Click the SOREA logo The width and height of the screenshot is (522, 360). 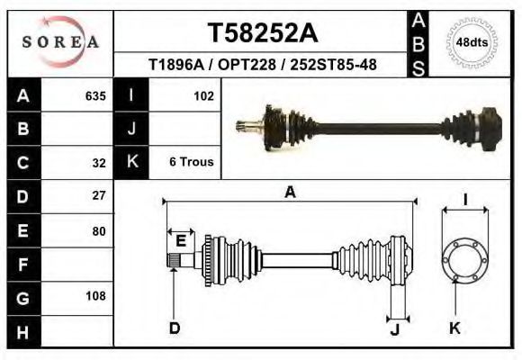pos(60,41)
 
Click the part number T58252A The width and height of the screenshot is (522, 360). pos(263,33)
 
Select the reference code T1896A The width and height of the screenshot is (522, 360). pos(176,64)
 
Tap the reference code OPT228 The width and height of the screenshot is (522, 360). pos(247,64)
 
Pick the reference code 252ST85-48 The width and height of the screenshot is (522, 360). pos(333,64)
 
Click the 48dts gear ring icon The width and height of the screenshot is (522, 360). pos(472,43)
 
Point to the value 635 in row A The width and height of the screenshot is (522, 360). pos(95,96)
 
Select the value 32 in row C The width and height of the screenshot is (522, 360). pos(99,163)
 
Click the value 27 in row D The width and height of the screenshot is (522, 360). pos(99,195)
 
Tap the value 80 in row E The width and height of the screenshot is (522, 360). pos(99,231)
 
